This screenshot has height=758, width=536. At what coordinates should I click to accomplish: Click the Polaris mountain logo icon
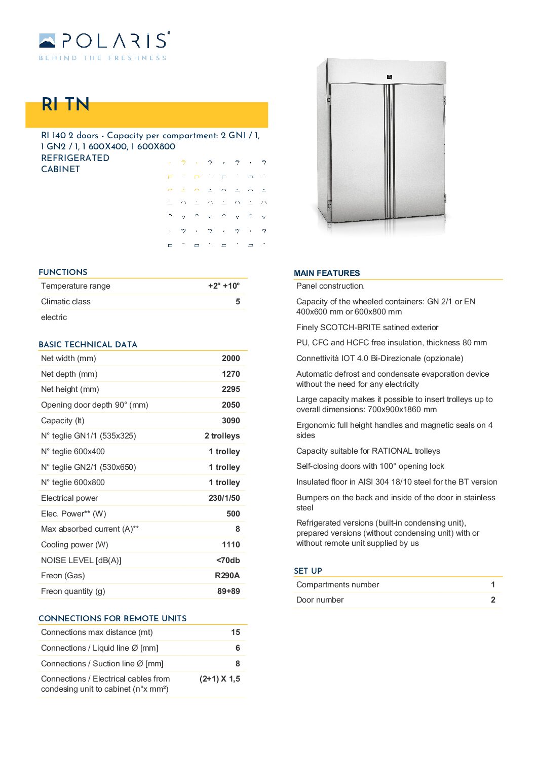click(47, 41)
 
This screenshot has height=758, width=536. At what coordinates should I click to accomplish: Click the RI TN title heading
click(65, 104)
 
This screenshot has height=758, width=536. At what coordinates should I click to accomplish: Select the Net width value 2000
click(231, 358)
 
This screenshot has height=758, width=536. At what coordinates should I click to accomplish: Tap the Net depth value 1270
click(231, 374)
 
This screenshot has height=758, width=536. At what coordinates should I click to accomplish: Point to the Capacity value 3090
click(231, 421)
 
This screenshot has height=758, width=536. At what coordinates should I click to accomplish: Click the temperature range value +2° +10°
click(224, 286)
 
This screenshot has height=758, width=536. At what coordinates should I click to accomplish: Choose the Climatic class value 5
click(238, 302)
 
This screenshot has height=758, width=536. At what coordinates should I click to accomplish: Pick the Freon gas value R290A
click(227, 576)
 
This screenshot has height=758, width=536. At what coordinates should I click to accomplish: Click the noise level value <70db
click(228, 561)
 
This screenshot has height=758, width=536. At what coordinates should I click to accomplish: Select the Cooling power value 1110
click(231, 545)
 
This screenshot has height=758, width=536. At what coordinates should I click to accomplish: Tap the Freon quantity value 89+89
click(228, 591)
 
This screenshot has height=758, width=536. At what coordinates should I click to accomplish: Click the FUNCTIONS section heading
click(63, 272)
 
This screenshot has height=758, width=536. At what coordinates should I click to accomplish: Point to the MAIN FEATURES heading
click(327, 273)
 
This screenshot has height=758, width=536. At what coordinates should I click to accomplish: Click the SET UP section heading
click(308, 571)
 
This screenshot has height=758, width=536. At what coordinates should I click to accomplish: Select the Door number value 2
click(493, 600)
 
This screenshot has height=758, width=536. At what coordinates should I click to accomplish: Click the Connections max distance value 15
click(236, 632)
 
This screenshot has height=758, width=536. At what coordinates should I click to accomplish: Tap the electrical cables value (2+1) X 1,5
click(220, 679)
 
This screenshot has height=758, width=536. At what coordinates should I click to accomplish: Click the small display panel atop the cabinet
click(390, 77)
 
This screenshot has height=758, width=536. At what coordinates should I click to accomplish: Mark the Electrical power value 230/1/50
click(224, 498)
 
